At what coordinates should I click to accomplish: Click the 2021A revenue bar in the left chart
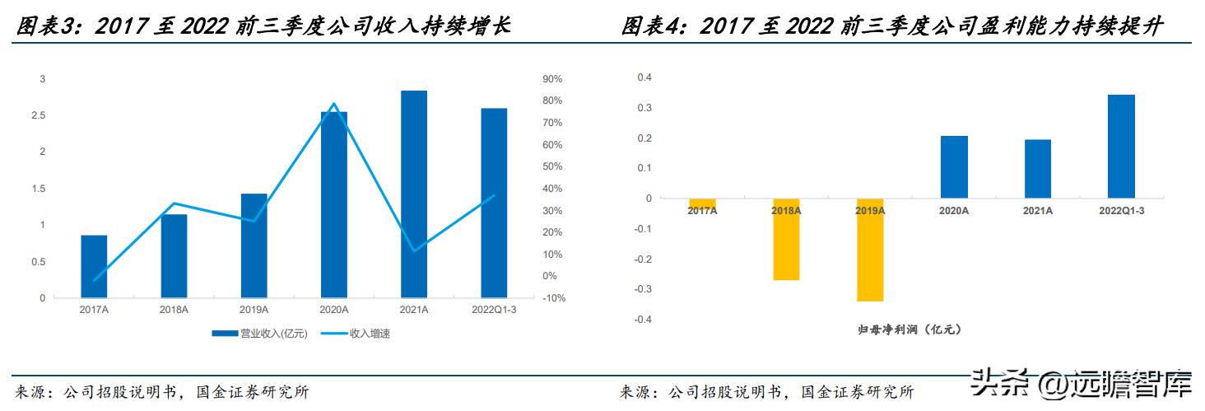(414, 194)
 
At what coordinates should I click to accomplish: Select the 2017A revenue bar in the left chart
(94, 267)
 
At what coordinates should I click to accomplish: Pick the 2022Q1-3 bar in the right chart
(1121, 147)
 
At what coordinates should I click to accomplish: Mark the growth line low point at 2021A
(414, 250)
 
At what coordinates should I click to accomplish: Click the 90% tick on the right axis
(551, 79)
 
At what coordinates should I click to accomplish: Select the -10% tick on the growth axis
(551, 298)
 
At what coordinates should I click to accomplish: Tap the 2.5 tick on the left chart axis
(39, 115)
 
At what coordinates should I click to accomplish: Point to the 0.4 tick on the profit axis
(644, 77)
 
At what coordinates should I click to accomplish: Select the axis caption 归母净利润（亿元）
(909, 329)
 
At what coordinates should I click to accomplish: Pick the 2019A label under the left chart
(254, 310)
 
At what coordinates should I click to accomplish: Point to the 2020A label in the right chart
(954, 211)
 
